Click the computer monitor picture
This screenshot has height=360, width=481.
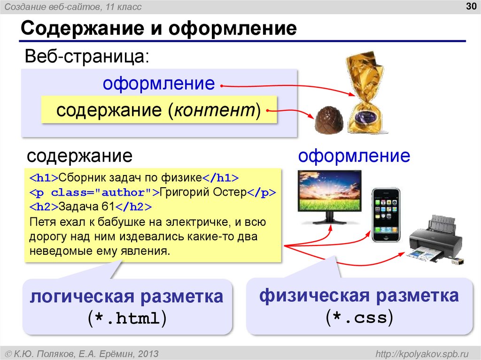point(330,196)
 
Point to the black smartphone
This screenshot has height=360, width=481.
point(386,215)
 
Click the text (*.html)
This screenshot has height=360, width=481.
point(127,319)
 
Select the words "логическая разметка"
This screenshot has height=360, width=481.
point(127,297)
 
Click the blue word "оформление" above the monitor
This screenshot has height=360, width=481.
point(354,155)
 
